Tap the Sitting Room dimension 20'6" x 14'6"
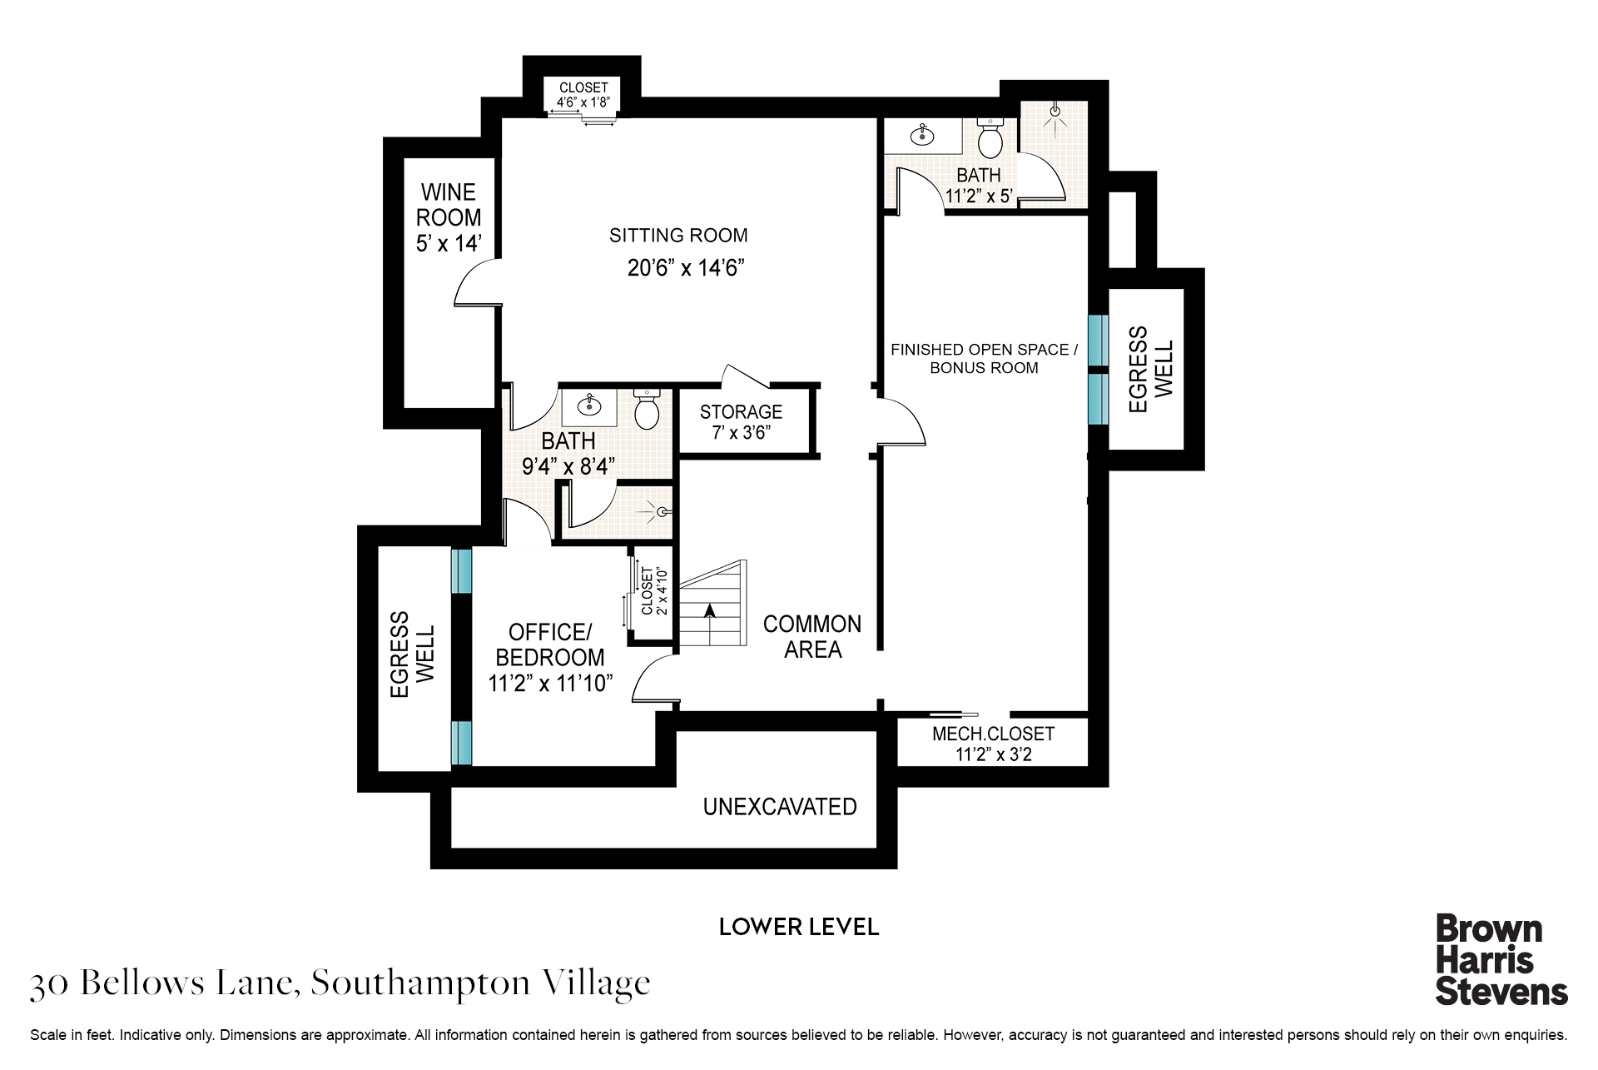coord(685,267)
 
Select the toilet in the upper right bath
coord(990,138)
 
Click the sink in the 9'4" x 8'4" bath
coord(589,406)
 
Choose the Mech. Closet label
coord(993,734)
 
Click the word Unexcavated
coord(780,806)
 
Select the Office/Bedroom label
coord(549,644)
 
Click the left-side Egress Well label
coord(412,654)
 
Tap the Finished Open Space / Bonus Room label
coord(984,359)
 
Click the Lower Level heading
coord(799,927)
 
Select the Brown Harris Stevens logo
coord(1501,960)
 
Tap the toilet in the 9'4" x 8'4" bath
coord(647,408)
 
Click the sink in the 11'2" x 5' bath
coord(922,135)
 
